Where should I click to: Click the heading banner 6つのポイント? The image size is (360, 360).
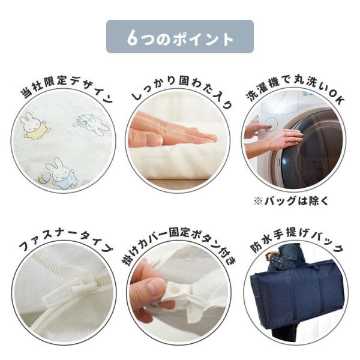click(180, 37)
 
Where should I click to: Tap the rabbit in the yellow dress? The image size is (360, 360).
click(34, 125)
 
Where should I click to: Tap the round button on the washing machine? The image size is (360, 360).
click(271, 124)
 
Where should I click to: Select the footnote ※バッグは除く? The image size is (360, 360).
click(291, 202)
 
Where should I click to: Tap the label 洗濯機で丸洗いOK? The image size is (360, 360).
click(296, 91)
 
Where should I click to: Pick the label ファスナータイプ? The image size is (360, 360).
click(66, 241)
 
